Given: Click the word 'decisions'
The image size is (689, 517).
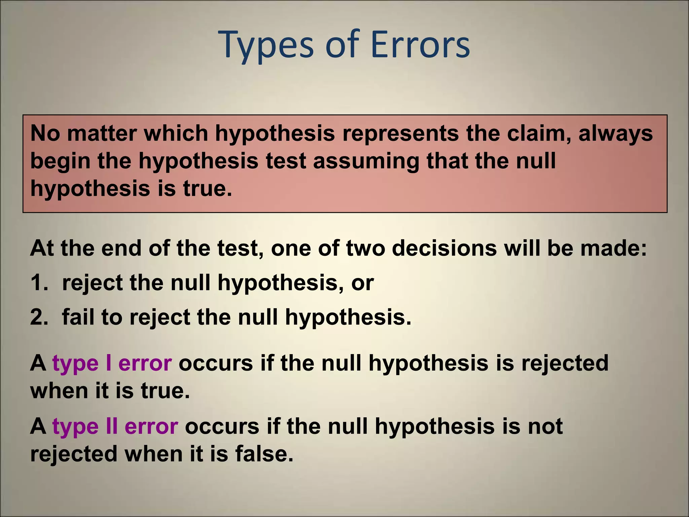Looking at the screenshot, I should click(x=444, y=248).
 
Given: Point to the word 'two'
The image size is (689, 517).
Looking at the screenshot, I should click(x=365, y=248).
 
